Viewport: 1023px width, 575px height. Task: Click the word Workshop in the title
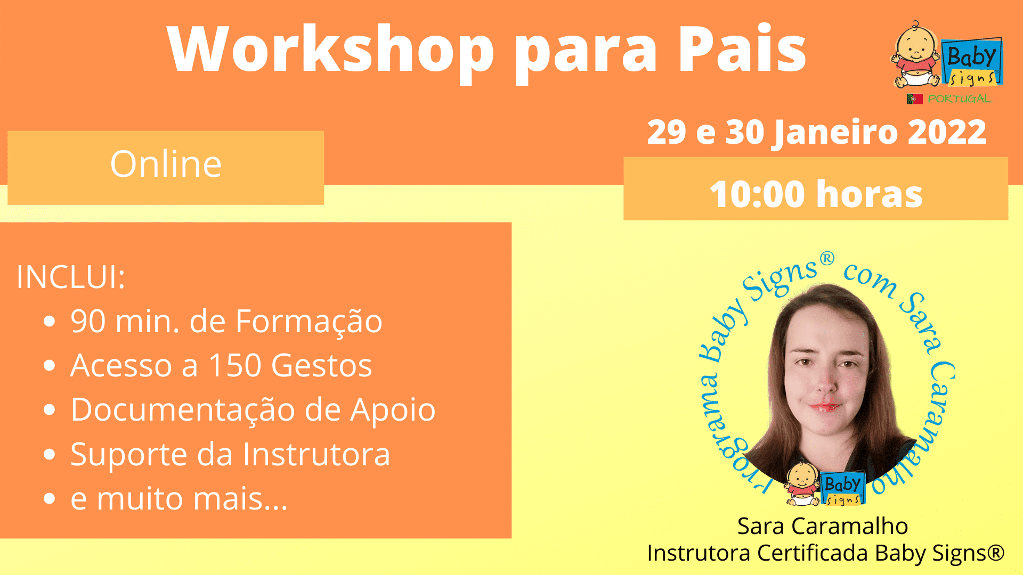(331, 49)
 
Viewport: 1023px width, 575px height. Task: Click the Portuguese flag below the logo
(914, 99)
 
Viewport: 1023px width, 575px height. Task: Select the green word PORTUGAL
(960, 99)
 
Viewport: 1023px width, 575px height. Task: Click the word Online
(166, 163)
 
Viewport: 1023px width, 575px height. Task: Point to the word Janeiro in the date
(836, 133)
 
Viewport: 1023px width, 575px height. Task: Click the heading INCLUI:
(71, 277)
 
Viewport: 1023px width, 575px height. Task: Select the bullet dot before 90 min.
(50, 322)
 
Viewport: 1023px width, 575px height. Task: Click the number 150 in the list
(235, 366)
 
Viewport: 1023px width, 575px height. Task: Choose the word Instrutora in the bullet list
(316, 454)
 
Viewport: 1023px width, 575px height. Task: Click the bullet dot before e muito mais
(50, 499)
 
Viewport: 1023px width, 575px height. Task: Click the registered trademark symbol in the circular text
(826, 259)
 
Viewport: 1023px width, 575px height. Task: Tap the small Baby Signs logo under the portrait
(825, 483)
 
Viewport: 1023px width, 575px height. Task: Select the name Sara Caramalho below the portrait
(823, 526)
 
